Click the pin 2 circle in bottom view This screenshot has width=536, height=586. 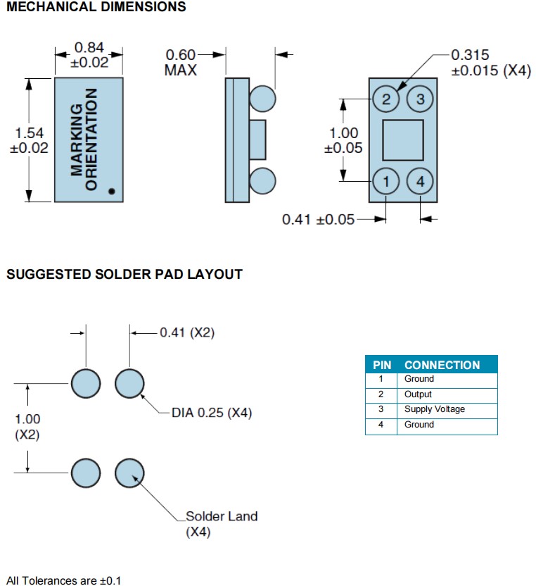[386, 99]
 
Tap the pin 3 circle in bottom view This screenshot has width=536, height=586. [420, 99]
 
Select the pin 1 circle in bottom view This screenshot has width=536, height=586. [386, 182]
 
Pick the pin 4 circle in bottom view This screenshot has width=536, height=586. [420, 182]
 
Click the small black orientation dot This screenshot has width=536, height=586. [111, 190]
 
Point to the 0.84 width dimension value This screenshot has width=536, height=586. [89, 48]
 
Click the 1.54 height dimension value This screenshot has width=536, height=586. [29, 133]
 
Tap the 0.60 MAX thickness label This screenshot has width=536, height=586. [181, 62]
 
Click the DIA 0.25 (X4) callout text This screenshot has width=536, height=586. [211, 413]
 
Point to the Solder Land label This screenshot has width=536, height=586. [221, 516]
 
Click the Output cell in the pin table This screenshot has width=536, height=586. [418, 394]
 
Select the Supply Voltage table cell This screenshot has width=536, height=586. [434, 409]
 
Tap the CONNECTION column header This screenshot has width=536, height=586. [442, 365]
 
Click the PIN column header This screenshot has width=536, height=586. [382, 365]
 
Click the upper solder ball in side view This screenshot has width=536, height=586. [262, 98]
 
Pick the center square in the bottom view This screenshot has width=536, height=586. [403, 140]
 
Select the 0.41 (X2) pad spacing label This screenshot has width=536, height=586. [187, 332]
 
